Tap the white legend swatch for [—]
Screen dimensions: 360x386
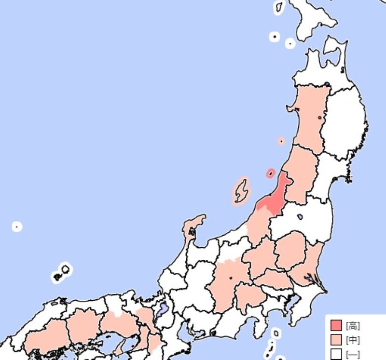[x=336, y=354]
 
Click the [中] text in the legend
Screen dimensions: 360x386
[x=353, y=340]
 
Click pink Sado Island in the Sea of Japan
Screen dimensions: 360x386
[x=240, y=191]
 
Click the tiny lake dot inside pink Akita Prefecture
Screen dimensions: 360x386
[x=320, y=119]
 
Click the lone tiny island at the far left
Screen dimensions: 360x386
[x=17, y=226]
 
